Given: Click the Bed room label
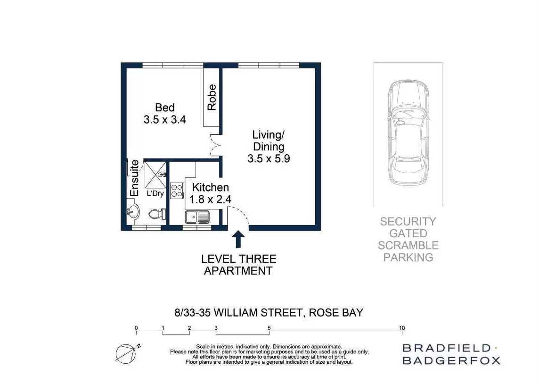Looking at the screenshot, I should (x=164, y=108).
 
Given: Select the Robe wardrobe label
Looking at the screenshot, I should (x=212, y=97).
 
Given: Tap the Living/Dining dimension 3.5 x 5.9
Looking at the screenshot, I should (x=268, y=159).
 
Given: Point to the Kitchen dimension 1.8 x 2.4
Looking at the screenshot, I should (x=210, y=200).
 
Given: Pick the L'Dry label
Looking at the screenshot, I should (x=155, y=193).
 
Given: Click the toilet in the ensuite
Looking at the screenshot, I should (x=156, y=214).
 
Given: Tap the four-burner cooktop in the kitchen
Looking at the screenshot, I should (x=177, y=191).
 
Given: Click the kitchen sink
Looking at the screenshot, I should (x=197, y=217).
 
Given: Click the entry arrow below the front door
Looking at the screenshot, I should (x=238, y=239).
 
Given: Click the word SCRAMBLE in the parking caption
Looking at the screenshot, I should (x=408, y=245).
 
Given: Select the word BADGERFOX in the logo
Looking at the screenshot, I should (x=451, y=360).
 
